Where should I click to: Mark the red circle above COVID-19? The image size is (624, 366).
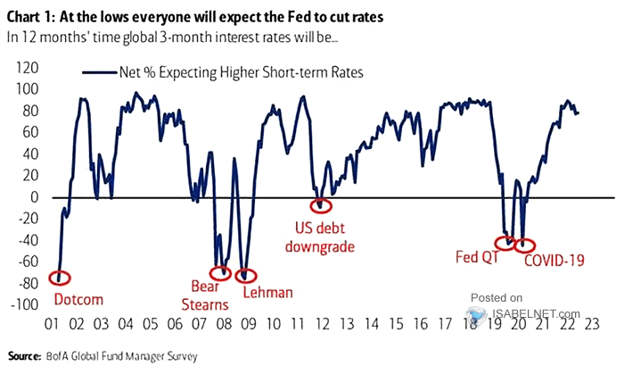[525, 245]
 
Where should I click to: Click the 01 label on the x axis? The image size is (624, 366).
[52, 324]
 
